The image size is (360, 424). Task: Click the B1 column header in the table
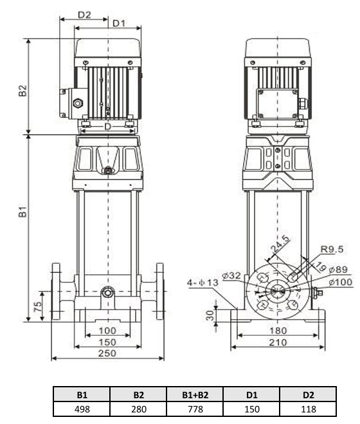coord(82,395)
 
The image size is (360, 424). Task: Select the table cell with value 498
coord(82,409)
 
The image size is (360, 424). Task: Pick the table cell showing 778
coord(195,409)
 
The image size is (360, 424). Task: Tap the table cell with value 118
coord(308,409)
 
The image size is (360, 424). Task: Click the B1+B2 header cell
coord(195,395)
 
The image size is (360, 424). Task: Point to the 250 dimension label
coord(107,353)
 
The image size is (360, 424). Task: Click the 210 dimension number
coord(278,342)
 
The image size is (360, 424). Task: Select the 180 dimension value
coord(278,331)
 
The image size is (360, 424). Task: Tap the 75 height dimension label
coord(38,306)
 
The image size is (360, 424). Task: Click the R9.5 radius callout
coord(332,249)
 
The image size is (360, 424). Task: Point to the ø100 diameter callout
coord(341,282)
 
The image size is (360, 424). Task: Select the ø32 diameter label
coord(231,275)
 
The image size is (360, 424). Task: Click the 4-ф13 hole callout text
coord(203,283)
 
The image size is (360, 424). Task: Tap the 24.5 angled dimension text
coord(280,244)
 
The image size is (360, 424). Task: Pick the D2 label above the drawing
coord(84,15)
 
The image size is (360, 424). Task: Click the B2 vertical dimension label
coord(23,91)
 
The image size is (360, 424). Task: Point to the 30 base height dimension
coord(210,315)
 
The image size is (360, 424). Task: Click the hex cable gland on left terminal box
coord(78,104)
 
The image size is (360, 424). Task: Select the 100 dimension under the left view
coord(107,331)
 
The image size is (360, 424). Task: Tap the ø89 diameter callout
coord(339,270)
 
